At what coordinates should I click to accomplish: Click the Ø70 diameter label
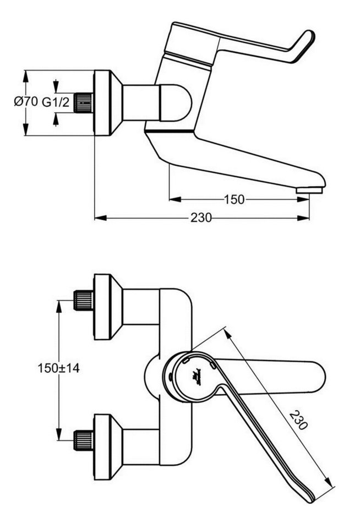26,101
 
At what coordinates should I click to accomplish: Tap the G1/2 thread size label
56,102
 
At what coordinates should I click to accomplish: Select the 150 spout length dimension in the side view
234,199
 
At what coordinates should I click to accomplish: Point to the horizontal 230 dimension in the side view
201,218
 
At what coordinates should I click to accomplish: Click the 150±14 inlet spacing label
58,368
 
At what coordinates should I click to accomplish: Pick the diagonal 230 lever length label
298,420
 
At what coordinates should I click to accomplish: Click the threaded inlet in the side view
83,103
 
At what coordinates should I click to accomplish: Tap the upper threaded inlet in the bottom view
83,300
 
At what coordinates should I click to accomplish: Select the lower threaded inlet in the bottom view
83,440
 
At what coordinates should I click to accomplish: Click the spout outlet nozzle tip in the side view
309,190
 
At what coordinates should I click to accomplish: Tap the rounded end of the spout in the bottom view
317,376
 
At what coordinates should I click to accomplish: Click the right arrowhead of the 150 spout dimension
303,199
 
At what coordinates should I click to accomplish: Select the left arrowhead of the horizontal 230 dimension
101,218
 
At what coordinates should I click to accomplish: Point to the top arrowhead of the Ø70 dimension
25,77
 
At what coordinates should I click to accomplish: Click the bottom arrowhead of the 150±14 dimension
59,434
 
